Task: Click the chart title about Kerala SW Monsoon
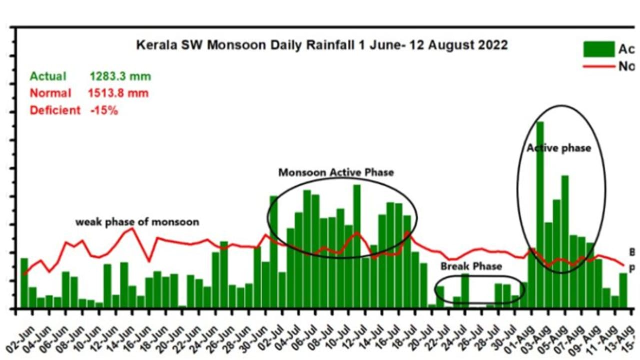[321, 45]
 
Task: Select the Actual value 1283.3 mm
[120, 76]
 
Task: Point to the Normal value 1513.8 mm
[118, 93]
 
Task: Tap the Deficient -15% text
[73, 110]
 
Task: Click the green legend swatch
[598, 49]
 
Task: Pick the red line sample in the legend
[598, 66]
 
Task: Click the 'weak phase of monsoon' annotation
[137, 221]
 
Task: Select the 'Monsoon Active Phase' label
[336, 172]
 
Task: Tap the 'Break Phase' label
[471, 266]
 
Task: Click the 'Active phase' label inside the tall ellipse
[558, 148]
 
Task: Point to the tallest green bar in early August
[540, 215]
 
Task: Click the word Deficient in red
[55, 110]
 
